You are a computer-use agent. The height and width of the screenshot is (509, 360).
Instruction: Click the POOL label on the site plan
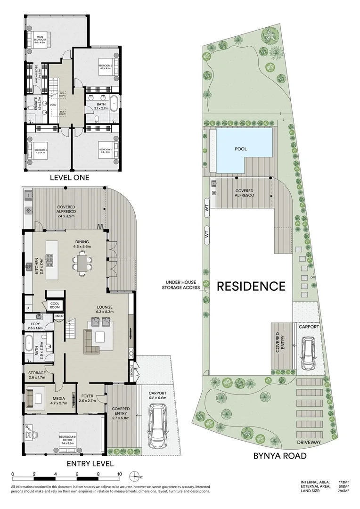click(241, 149)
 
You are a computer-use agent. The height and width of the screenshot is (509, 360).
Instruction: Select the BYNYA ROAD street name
click(280, 456)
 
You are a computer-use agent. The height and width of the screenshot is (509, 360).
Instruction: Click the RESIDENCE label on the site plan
click(251, 286)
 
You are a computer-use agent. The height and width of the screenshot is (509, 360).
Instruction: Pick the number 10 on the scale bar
click(120, 474)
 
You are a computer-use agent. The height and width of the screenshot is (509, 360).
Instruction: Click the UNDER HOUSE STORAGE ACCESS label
click(181, 285)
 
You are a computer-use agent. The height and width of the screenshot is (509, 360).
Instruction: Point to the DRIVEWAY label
click(309, 442)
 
